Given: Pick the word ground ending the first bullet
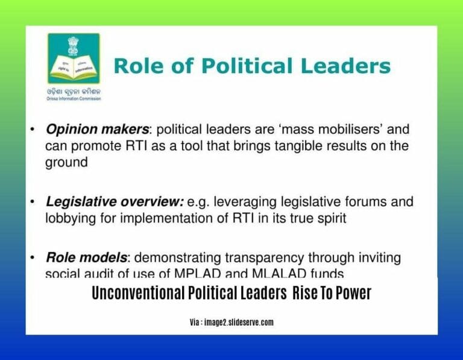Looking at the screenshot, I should [66, 163].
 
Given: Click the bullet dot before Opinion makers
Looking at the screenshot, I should [32, 130].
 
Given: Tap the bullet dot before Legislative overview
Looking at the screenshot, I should [32, 202].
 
